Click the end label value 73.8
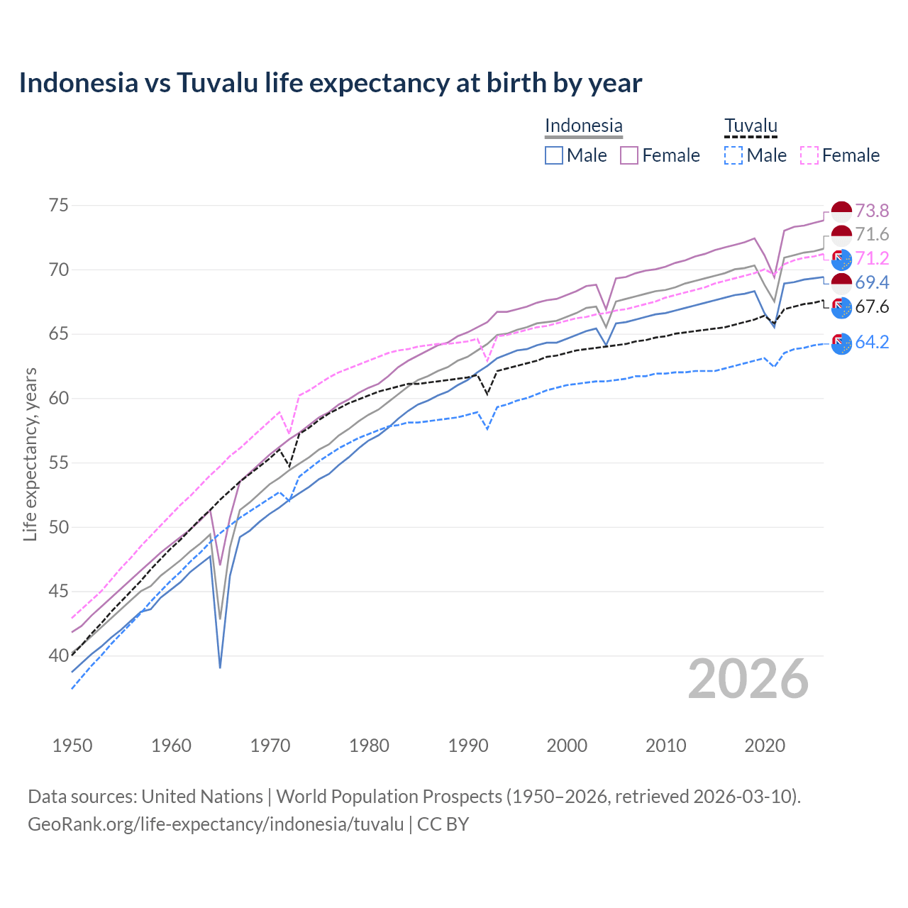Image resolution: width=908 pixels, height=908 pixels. pyautogui.click(x=872, y=211)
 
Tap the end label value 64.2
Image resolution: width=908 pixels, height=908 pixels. pyautogui.click(x=872, y=342)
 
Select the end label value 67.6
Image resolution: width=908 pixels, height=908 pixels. pyautogui.click(x=872, y=306)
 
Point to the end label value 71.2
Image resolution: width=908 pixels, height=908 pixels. pyautogui.click(x=872, y=258)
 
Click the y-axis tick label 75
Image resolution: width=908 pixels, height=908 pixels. pyautogui.click(x=59, y=206)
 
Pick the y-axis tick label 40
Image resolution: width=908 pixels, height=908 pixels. pyautogui.click(x=59, y=655)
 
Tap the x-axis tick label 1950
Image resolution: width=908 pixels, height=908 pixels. pyautogui.click(x=72, y=746)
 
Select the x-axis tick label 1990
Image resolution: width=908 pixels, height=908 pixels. pyautogui.click(x=468, y=746)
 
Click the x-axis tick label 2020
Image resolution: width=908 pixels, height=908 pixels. pyautogui.click(x=765, y=746)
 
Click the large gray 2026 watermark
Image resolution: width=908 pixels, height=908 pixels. pyautogui.click(x=748, y=679)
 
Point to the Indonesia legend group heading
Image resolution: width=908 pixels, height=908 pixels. pyautogui.click(x=583, y=126)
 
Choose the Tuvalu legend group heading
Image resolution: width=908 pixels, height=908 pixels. pyautogui.click(x=751, y=126)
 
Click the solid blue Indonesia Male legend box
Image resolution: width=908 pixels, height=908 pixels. pyautogui.click(x=554, y=155)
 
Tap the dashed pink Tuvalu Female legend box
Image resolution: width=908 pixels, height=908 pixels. pyautogui.click(x=809, y=155)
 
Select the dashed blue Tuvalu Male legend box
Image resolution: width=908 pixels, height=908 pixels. pyautogui.click(x=734, y=155)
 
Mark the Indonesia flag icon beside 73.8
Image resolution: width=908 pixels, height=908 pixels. pyautogui.click(x=841, y=211)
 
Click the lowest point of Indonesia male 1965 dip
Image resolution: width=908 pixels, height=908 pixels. pyautogui.click(x=221, y=668)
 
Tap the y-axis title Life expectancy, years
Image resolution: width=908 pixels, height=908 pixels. pyautogui.click(x=30, y=454)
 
